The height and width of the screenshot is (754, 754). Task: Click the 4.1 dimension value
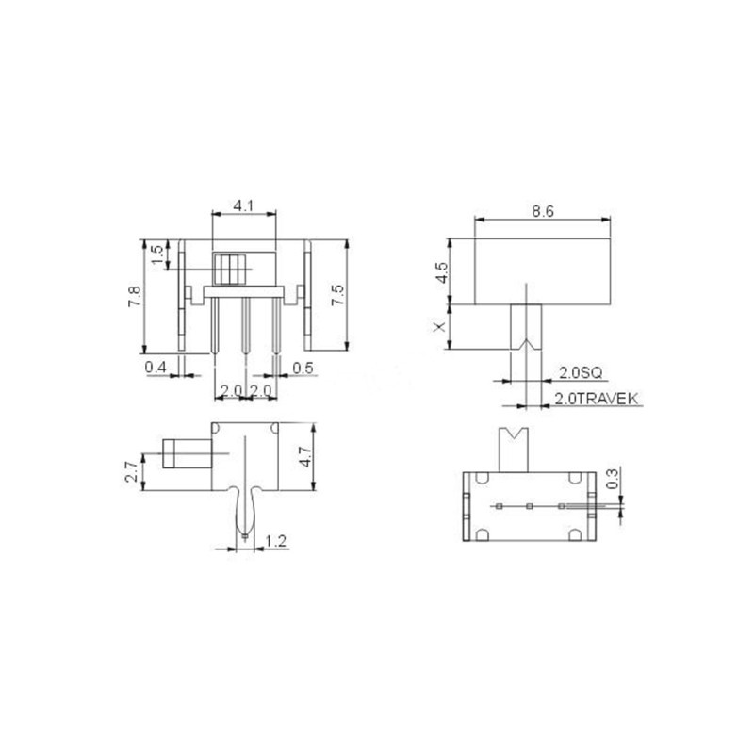(243, 205)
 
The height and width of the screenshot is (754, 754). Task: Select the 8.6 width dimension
(541, 211)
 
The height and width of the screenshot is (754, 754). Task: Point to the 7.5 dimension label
(337, 294)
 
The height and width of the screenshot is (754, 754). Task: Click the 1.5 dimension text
(157, 254)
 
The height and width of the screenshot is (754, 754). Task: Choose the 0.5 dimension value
(303, 366)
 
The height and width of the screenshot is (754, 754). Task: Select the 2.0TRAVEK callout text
(596, 400)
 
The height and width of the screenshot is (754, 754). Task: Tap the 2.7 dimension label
(133, 470)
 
